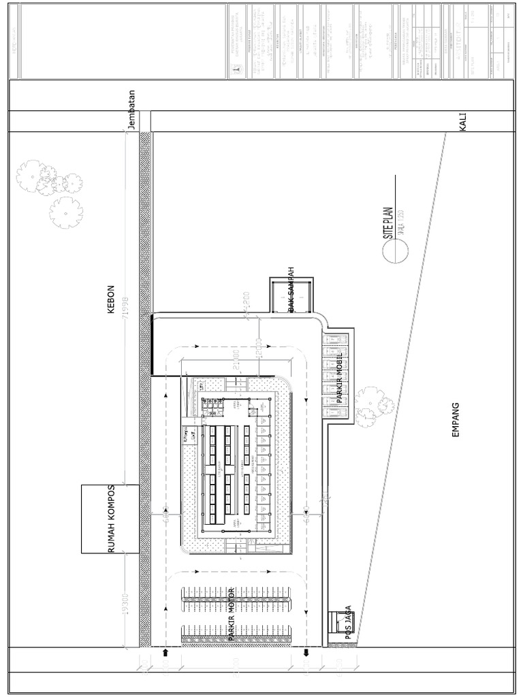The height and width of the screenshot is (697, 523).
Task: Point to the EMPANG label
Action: [x=456, y=420]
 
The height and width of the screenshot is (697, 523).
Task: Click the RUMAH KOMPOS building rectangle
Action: [x=110, y=519]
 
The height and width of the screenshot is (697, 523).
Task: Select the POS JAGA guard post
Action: [x=338, y=621]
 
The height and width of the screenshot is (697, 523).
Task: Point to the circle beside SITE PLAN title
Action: [x=393, y=253]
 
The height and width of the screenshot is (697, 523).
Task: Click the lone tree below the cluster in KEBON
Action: [x=66, y=212]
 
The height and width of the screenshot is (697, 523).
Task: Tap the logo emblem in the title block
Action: [x=236, y=69]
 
